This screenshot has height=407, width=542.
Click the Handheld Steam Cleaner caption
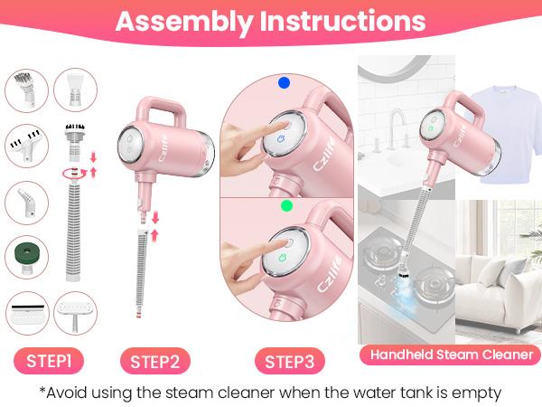click(x=450, y=355)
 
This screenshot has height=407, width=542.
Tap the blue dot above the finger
click(x=284, y=82)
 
